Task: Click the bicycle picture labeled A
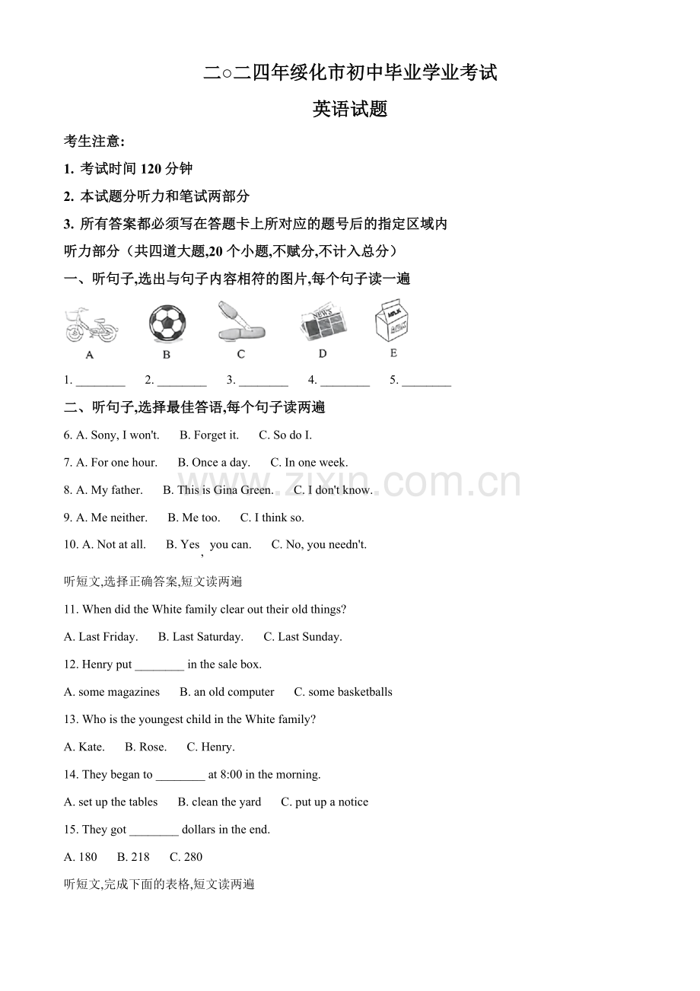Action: click(91, 326)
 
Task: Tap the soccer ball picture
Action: click(167, 323)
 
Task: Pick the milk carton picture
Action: click(393, 322)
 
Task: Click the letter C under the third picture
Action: click(241, 354)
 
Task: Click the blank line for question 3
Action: click(263, 381)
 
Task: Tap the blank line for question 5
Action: click(426, 381)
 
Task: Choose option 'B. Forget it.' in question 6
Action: click(209, 435)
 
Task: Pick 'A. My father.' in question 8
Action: click(110, 490)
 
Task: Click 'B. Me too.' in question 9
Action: click(194, 518)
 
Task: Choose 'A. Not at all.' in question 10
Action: click(114, 545)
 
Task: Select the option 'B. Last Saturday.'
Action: click(201, 637)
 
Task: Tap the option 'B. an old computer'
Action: click(227, 692)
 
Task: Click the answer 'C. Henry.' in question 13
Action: click(211, 747)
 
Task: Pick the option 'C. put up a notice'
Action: click(324, 802)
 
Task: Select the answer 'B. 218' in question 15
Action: click(133, 857)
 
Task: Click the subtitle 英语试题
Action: click(350, 110)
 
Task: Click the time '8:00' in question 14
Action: click(231, 775)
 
